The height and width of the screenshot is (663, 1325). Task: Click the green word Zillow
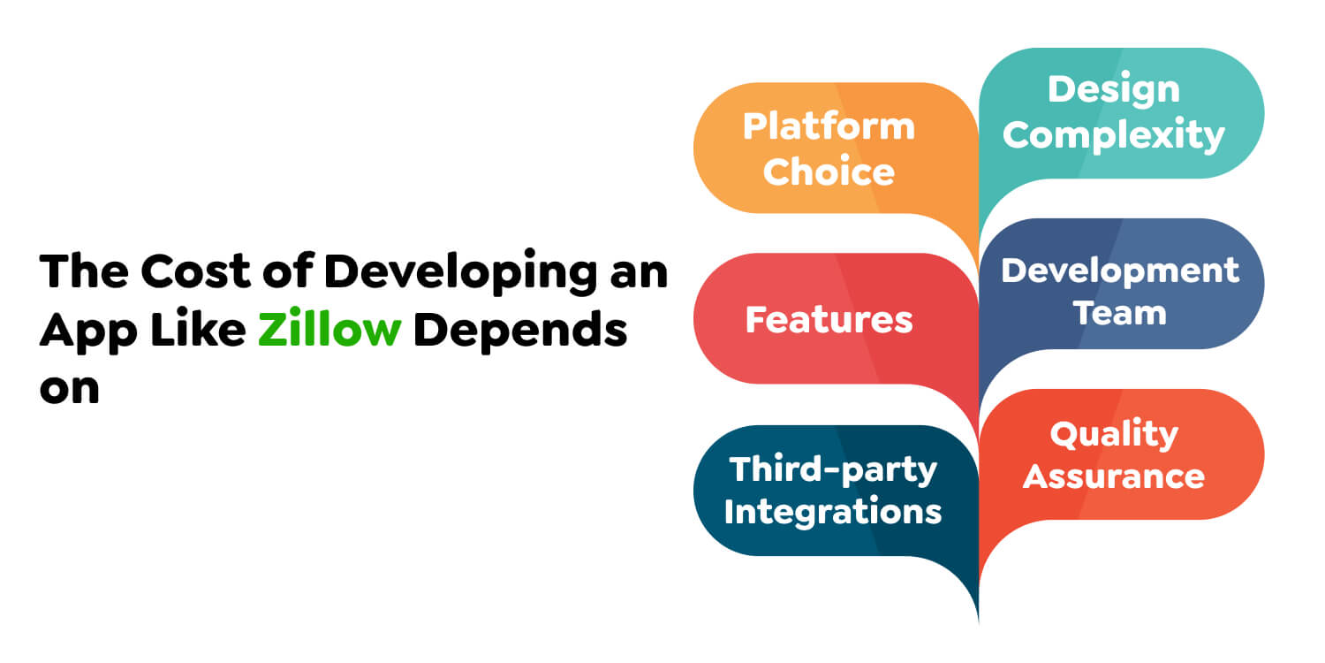329,331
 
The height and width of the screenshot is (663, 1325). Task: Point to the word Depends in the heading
521,331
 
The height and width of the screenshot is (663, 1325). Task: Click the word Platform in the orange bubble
829,126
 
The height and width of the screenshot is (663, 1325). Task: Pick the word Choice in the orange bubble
829,171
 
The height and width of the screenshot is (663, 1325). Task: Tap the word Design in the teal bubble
1113,89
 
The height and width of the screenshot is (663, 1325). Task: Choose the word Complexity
1113,135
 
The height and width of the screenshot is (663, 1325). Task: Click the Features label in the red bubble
829,319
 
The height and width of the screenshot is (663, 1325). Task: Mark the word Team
1120,313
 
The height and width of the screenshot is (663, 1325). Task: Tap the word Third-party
832,469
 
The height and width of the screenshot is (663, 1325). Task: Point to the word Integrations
832,511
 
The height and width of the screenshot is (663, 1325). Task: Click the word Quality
1114,433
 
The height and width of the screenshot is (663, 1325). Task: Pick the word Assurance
1114,476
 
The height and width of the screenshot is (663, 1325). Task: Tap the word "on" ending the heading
69,389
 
